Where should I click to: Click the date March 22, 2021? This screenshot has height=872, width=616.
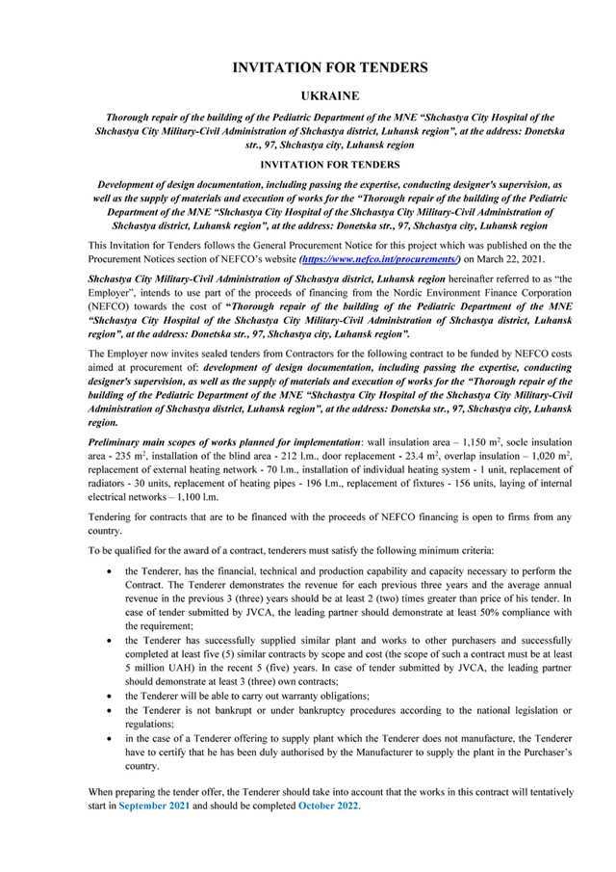coord(524,259)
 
